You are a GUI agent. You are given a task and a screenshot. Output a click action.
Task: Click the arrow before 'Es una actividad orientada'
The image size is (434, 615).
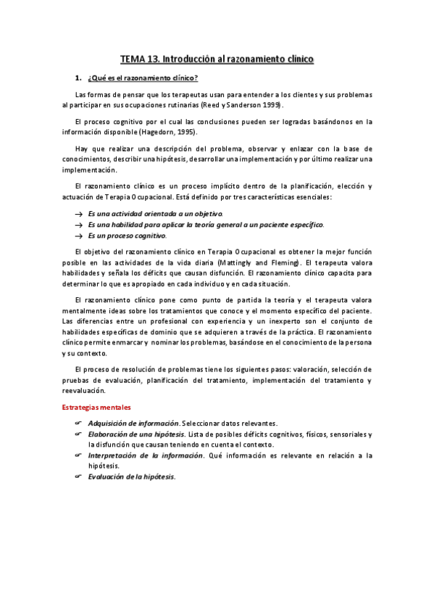[x=79, y=214]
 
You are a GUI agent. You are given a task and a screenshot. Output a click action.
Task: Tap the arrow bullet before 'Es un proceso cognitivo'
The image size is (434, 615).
[x=79, y=236]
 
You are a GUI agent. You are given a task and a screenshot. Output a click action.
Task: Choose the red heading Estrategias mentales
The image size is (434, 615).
[x=95, y=408]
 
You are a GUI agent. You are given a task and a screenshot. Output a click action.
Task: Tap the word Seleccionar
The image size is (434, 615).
[x=203, y=424]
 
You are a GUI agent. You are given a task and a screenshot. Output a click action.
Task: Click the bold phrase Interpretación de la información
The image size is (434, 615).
[x=146, y=455]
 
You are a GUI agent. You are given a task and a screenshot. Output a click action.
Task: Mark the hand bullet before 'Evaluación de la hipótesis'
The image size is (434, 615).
[x=78, y=477]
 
